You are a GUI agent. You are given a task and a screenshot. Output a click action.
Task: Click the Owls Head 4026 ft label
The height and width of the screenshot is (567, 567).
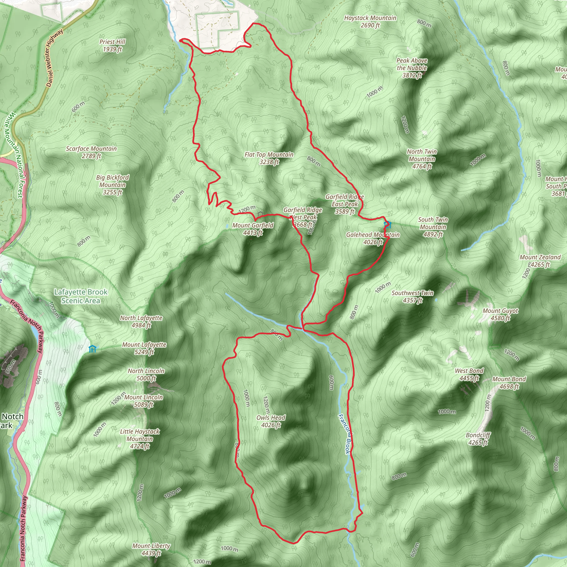click(270, 421)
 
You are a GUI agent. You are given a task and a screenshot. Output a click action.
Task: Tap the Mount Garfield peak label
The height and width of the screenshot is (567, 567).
click(253, 229)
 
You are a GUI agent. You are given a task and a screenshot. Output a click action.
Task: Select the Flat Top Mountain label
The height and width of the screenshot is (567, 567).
click(269, 158)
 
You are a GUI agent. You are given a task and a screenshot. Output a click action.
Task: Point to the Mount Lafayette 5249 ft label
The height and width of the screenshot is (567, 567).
click(144, 348)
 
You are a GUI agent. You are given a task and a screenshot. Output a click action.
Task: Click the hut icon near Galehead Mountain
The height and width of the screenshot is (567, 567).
click(387, 225)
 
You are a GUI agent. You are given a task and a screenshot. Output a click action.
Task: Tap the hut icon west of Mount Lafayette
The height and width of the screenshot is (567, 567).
click(92, 349)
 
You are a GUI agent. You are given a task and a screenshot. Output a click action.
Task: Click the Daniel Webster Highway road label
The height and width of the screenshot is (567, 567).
click(55, 58)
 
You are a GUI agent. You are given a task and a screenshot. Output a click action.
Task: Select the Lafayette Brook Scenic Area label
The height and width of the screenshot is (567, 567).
click(81, 296)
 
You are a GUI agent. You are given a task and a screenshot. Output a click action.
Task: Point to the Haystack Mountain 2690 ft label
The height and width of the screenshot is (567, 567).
click(370, 21)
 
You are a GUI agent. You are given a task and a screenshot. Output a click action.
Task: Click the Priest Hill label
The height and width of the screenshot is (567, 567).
click(112, 45)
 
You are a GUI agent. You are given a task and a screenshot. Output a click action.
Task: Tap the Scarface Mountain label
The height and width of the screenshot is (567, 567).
click(91, 152)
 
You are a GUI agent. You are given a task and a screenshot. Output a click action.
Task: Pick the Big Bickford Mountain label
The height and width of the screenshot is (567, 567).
click(112, 185)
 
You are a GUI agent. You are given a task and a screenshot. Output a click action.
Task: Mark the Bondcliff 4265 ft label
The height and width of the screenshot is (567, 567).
click(478, 439)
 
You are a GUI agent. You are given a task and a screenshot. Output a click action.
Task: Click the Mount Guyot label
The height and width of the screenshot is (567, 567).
click(501, 314)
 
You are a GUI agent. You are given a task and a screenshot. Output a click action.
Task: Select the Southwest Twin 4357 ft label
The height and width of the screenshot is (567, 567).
click(412, 297)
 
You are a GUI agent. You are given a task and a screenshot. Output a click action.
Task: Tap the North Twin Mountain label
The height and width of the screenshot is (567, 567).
click(422, 159)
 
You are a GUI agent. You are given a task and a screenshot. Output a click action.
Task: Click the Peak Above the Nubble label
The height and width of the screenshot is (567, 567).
click(412, 68)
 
